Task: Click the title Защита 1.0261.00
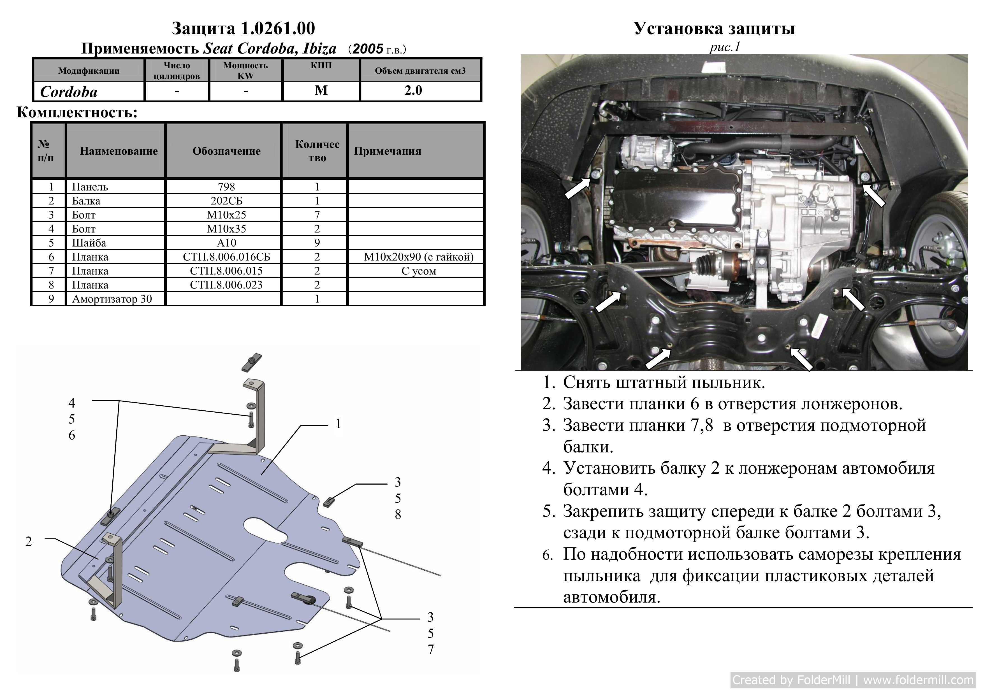point(243,28)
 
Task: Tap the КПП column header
point(321,66)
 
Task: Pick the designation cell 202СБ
point(226,201)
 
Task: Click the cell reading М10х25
point(226,215)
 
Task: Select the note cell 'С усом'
point(419,271)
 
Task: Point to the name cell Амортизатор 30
point(112,299)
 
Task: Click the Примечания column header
point(388,151)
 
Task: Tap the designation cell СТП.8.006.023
point(226,285)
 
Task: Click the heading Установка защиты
point(714,28)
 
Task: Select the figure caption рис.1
point(725,47)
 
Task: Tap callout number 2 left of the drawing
point(28,541)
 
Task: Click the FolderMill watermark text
point(853,680)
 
